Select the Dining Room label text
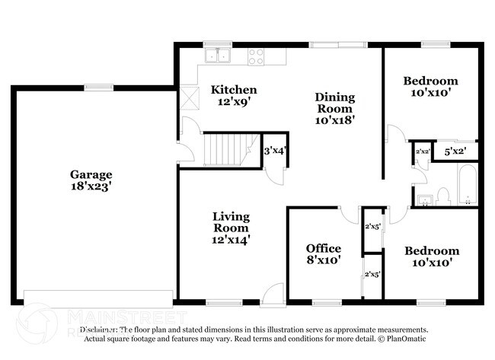[x=335, y=108]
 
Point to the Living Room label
[x=231, y=228]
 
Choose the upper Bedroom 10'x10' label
[x=430, y=87]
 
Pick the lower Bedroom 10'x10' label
[x=431, y=256]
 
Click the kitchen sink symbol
[x=219, y=56]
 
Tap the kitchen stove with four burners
[x=256, y=56]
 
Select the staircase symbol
[x=228, y=148]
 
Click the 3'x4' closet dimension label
[x=273, y=151]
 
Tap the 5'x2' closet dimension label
[x=454, y=151]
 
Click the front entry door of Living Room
[x=271, y=297]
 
